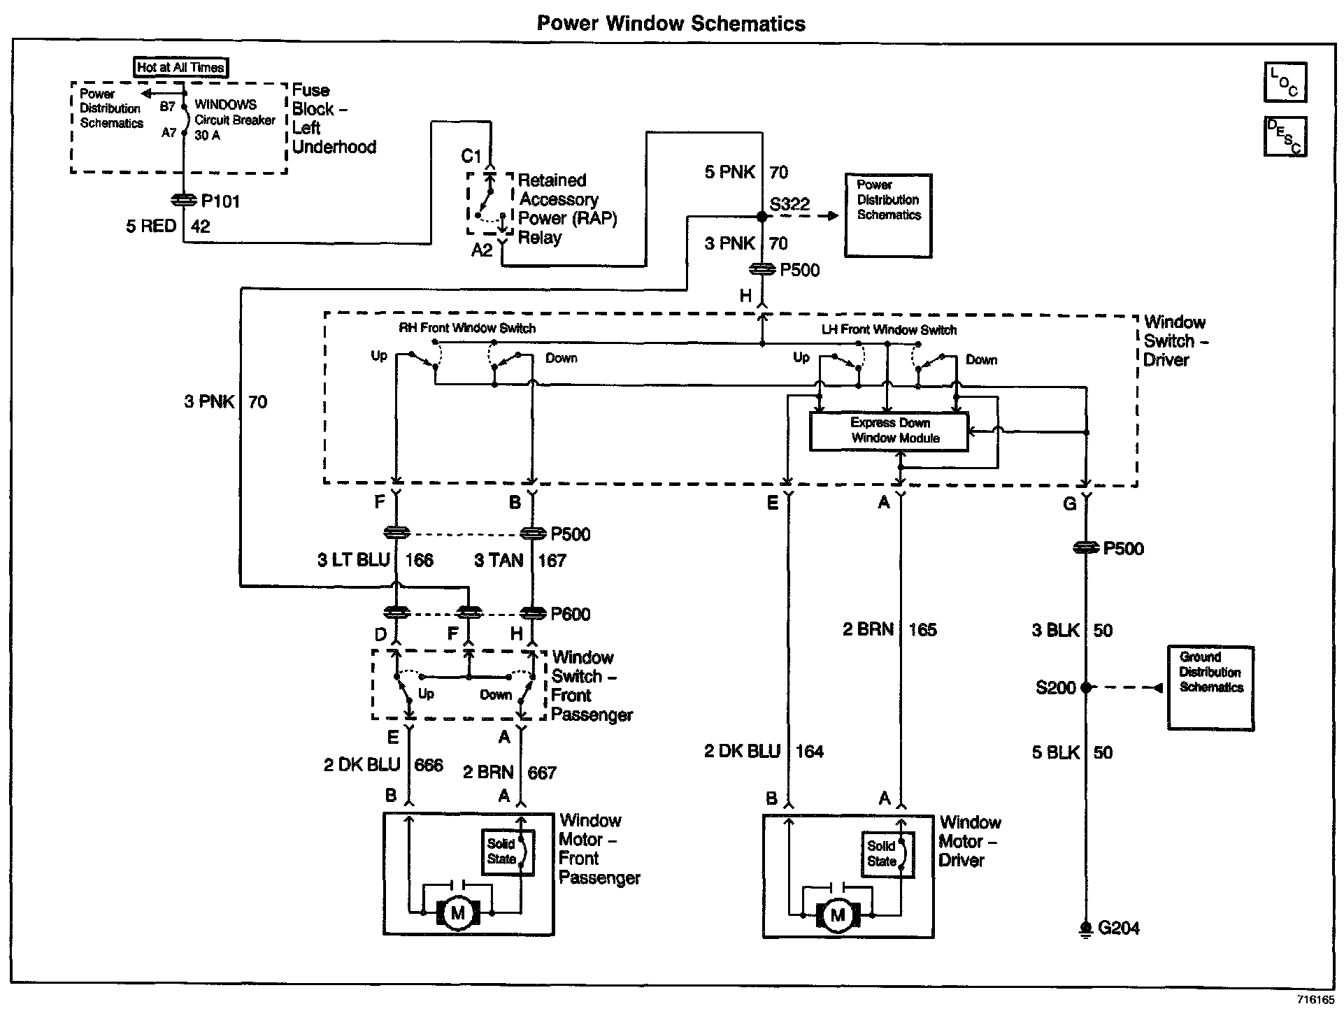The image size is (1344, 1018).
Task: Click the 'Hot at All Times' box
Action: (181, 67)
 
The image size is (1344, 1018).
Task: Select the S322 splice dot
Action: (762, 216)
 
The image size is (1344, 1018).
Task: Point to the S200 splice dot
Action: (1085, 688)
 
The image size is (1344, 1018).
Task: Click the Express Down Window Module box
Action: (889, 431)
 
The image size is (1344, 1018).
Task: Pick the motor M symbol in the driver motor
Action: (838, 915)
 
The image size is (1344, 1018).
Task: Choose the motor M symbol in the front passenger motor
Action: (458, 913)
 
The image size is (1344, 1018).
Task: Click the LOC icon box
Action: (1285, 83)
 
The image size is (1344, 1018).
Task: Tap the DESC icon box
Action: (1285, 136)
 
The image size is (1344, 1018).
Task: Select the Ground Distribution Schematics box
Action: (1210, 688)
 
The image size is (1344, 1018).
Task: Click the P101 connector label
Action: (220, 201)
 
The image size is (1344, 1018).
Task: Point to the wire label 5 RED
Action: (150, 227)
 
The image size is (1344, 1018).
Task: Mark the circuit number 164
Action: (809, 752)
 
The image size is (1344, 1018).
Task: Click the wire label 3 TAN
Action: (499, 560)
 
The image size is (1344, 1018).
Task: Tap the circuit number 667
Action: (542, 773)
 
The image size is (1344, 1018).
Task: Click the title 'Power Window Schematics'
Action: (671, 23)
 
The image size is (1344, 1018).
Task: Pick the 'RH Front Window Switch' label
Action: (467, 328)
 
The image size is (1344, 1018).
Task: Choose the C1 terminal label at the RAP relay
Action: (471, 156)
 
